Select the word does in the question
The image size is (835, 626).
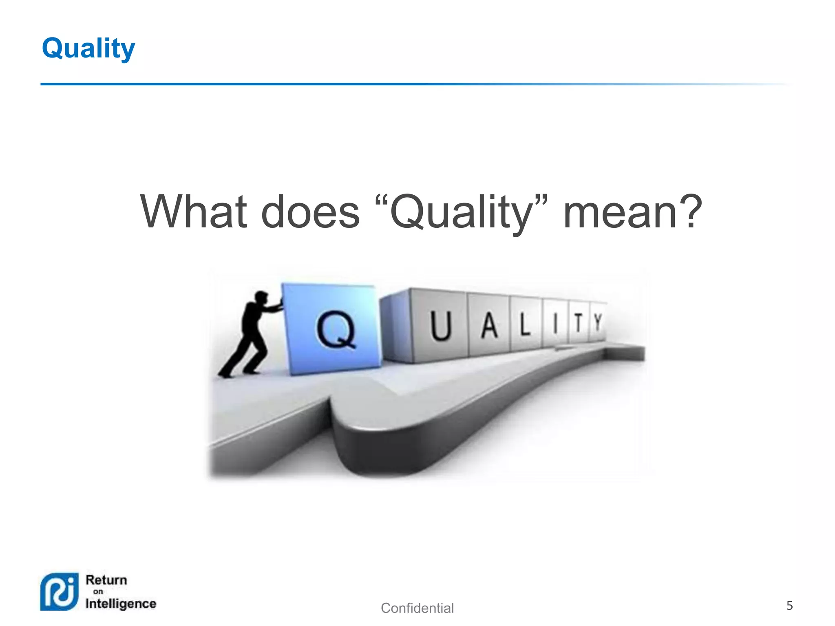pos(310,212)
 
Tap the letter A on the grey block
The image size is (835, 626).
pos(490,326)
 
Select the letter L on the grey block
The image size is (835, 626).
pos(525,325)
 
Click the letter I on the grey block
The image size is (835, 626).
pos(555,324)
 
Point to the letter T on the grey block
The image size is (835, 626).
pos(578,323)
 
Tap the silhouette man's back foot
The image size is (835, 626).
pos(225,373)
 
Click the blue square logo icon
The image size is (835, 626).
pos(60,592)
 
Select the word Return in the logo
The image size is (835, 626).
pos(106,580)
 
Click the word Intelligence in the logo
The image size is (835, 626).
pos(121,604)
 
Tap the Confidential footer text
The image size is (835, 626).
pos(417,608)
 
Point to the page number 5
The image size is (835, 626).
pos(789,606)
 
